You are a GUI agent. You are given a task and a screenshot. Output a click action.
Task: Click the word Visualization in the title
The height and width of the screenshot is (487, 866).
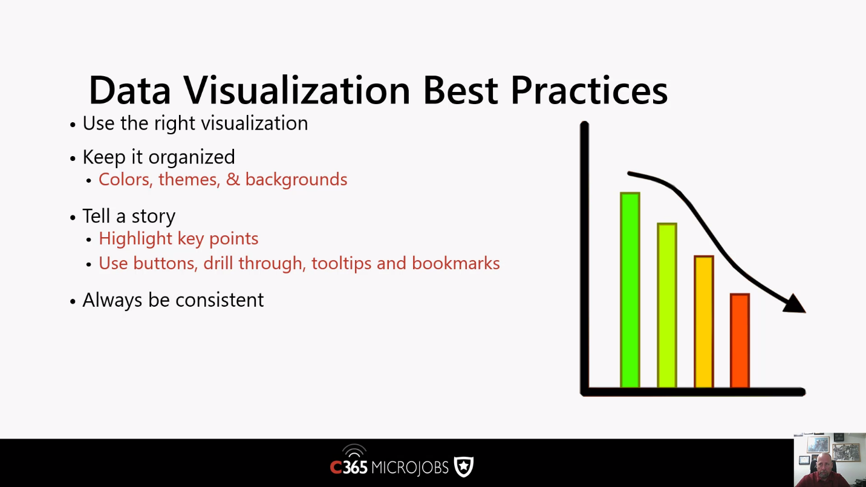tap(296, 90)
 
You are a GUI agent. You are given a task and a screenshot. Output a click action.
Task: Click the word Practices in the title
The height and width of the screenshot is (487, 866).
tap(589, 90)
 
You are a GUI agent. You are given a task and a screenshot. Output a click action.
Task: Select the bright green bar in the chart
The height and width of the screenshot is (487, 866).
tap(630, 290)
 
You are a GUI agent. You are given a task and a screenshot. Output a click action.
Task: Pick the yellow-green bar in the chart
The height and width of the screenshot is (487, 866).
tap(667, 305)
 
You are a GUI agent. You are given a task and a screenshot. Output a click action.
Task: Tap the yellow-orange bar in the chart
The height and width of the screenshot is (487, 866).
tap(704, 321)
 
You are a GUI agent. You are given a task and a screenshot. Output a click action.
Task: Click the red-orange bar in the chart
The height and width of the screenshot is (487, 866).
tap(740, 341)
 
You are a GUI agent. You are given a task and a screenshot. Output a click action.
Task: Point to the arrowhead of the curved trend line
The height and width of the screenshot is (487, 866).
tap(795, 304)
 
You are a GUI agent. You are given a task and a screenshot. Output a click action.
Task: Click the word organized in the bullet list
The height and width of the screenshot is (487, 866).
tap(191, 157)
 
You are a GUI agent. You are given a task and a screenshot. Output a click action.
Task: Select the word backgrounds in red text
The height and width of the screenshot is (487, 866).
tap(296, 180)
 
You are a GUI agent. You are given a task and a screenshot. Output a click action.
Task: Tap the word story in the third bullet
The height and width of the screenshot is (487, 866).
tap(153, 216)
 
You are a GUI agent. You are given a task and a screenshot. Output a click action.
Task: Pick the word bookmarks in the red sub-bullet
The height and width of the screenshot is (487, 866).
tap(456, 263)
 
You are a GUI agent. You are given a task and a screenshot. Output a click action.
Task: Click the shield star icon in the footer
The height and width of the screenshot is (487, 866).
tap(464, 466)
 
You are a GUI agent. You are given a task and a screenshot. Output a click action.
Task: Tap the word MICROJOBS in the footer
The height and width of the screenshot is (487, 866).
tap(410, 468)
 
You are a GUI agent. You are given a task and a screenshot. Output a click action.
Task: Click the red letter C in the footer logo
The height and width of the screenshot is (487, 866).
tap(336, 468)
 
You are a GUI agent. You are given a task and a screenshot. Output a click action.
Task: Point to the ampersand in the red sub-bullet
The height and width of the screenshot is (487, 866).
tap(233, 180)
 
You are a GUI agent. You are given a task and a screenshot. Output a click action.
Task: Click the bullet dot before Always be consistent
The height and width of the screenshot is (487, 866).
tap(73, 301)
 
